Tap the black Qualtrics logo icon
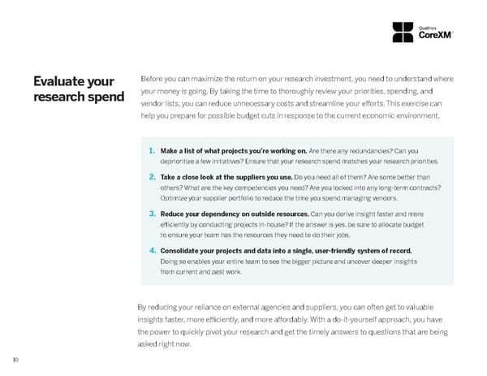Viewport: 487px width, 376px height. tap(403, 32)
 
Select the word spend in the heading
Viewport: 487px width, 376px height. tap(103, 97)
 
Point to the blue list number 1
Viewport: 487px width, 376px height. tap(153, 150)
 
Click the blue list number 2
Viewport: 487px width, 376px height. tap(153, 175)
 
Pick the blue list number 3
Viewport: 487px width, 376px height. tap(153, 213)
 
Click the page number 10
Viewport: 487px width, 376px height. tap(15, 361)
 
